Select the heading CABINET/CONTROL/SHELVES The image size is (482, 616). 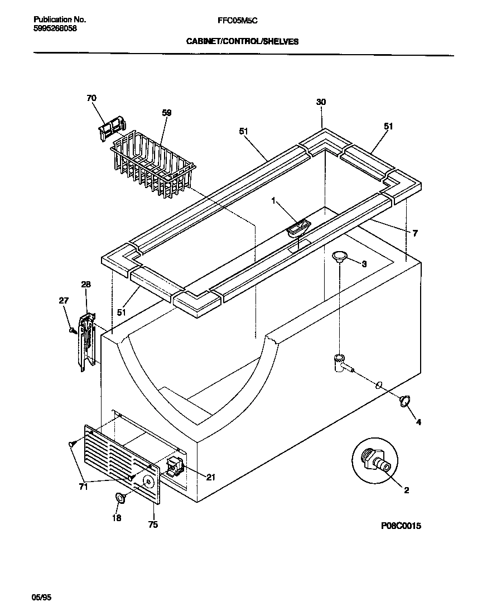tap(242, 41)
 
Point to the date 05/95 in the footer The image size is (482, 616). tap(41, 597)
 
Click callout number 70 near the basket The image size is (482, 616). tap(91, 98)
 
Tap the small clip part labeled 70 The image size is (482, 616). tap(112, 128)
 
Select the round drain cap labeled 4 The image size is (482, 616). tap(406, 400)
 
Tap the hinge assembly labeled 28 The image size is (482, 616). tap(85, 340)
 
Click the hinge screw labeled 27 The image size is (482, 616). tap(72, 330)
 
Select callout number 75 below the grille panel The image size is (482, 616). tap(153, 524)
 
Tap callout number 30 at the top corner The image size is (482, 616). tap(321, 102)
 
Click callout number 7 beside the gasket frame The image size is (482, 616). tap(414, 233)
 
